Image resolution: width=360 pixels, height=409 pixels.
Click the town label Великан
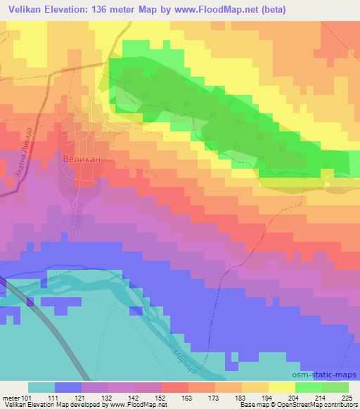pyautogui.click(x=82, y=159)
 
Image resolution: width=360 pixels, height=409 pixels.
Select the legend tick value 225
pyautogui.click(x=347, y=398)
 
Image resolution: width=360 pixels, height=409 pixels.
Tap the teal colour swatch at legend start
pyautogui.click(x=41, y=387)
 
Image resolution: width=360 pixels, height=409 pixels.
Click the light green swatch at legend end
pyautogui.click(x=335, y=387)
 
